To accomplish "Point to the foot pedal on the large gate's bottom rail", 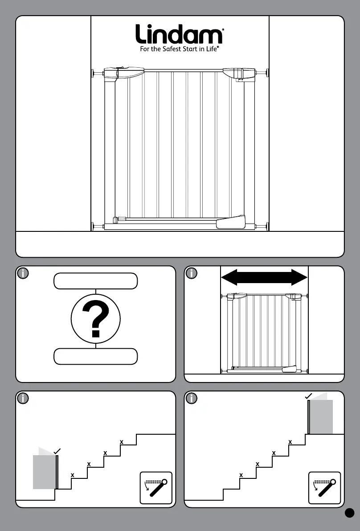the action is (231, 222).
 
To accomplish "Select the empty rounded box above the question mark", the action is (95, 281).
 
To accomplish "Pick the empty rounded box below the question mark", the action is (95, 357).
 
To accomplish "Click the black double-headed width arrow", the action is (264, 277).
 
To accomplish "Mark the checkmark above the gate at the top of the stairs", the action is (308, 396).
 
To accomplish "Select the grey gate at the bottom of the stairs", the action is (45, 471).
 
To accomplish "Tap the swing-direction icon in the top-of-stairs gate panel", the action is (324, 488).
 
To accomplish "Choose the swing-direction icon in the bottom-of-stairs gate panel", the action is (156, 488).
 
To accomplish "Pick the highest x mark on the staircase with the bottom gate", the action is (121, 442).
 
